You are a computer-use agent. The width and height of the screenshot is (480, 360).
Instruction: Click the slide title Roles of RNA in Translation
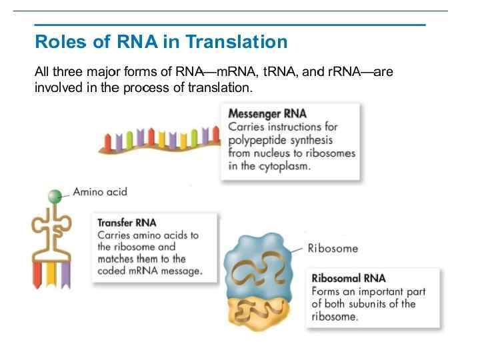point(161,42)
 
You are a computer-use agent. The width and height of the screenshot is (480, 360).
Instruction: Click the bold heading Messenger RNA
point(267,113)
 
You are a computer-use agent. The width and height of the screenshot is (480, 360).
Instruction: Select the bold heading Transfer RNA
point(127,223)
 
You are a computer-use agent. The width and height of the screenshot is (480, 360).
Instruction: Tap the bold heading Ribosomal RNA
point(348,278)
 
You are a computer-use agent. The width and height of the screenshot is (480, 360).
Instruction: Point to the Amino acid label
point(100,192)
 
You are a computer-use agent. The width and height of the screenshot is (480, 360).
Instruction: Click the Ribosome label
point(332,249)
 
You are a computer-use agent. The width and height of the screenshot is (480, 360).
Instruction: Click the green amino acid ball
point(55,196)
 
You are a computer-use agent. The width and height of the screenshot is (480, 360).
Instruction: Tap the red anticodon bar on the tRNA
point(37,273)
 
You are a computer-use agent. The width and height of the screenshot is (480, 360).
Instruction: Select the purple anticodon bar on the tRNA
point(65,273)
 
